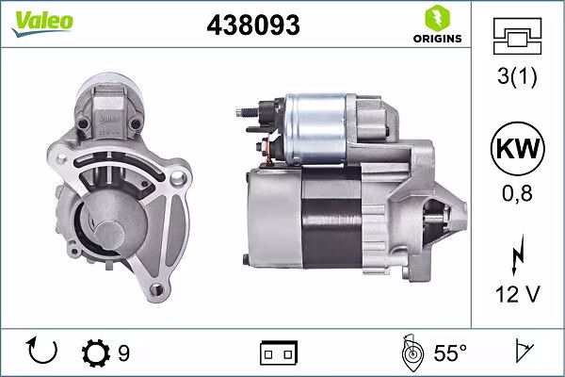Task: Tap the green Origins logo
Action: [436, 25]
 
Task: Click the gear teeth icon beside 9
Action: [97, 353]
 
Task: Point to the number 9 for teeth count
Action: [124, 353]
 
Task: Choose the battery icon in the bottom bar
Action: [278, 353]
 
